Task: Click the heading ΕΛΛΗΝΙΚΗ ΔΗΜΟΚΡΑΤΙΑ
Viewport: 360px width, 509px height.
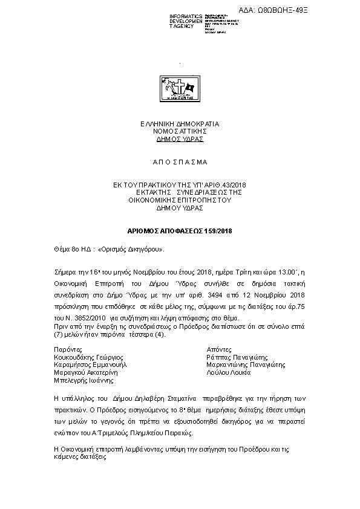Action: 180,124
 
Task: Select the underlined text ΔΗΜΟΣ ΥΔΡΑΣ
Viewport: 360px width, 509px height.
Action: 180,138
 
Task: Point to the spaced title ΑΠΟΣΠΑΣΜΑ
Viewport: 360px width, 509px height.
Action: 180,162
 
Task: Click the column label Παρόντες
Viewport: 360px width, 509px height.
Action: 68,349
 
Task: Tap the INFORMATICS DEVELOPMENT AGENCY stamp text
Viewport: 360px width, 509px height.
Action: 186,20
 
